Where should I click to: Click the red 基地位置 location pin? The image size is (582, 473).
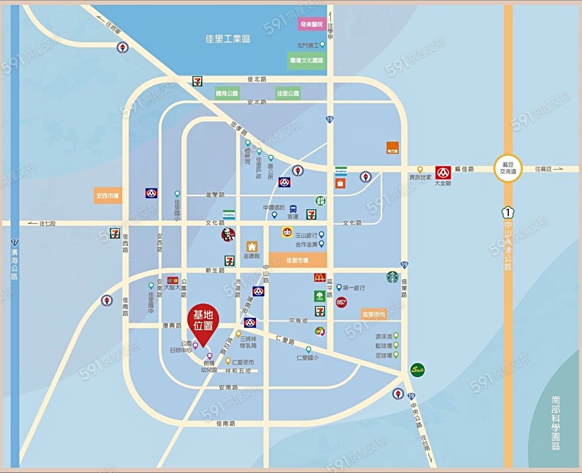(x=203, y=323)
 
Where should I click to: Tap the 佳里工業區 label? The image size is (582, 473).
(x=224, y=39)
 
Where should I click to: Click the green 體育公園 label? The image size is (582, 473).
(x=227, y=93)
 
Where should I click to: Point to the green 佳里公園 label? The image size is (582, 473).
(x=288, y=93)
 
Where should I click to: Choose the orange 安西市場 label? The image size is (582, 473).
(x=107, y=195)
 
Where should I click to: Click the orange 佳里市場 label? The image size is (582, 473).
(x=297, y=260)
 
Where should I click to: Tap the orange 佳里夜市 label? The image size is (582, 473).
(x=374, y=314)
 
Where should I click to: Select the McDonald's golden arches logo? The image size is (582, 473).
(x=319, y=278)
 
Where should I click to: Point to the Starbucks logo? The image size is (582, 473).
(x=393, y=277)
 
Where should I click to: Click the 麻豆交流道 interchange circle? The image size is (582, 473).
(x=508, y=168)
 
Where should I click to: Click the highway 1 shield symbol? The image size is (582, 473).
(x=508, y=211)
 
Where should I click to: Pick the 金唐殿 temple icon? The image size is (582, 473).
(x=252, y=247)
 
